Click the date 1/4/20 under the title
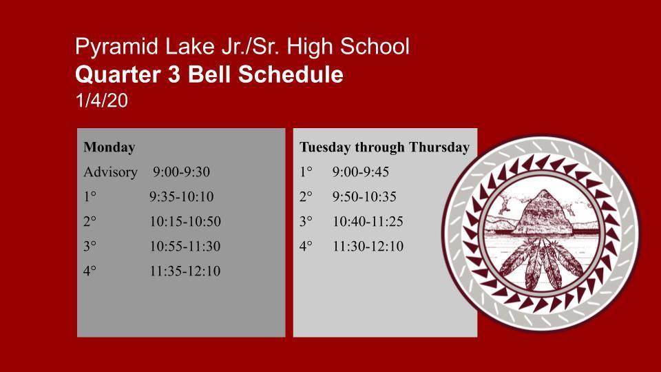pos(102,101)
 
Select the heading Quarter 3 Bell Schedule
pos(209,74)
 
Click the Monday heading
pos(109,147)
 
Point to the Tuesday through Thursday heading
pos(384,147)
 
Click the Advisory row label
pos(110,172)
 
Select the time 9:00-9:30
pos(181,172)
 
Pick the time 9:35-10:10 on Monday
pos(181,196)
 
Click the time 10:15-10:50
pos(185,221)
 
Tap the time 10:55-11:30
pos(185,247)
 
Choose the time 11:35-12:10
pos(185,271)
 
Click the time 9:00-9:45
pos(360,172)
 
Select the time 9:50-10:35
pos(364,196)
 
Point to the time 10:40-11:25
pos(368,221)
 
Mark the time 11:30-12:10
pos(368,247)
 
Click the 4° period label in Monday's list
pos(90,271)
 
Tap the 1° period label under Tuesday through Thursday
pos(306,172)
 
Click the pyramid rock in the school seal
pos(542,213)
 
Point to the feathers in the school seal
pos(541,262)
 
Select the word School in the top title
pos(375,46)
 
